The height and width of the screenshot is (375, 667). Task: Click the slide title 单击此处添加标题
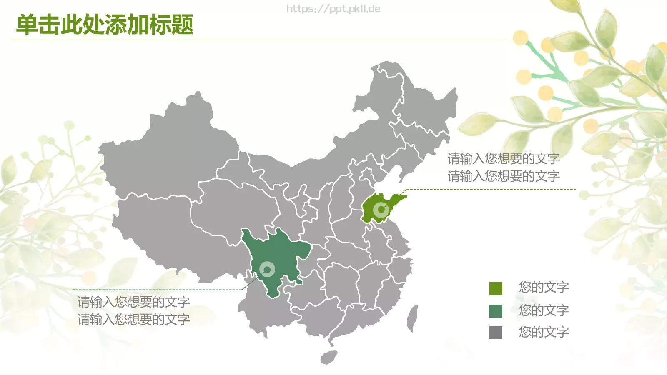pos(105,25)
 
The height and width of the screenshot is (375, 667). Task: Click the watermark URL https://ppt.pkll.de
pos(333,9)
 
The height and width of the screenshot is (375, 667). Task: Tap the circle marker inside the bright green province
pos(381,209)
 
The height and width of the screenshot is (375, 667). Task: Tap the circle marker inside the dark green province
pos(267,269)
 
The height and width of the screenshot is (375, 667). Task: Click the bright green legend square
pos(496,288)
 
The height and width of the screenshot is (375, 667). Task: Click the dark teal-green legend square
pos(496,311)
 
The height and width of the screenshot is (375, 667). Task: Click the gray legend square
pos(496,332)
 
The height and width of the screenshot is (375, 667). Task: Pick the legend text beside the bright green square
pos(544,287)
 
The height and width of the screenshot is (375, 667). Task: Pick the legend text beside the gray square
pos(544,332)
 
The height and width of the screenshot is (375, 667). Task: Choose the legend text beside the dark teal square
pos(544,310)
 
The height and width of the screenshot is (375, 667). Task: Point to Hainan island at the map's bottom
pos(329,357)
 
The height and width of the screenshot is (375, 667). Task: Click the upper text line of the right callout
pos(504,158)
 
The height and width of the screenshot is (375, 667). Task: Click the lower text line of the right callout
pos(504,176)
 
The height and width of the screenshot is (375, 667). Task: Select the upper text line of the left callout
pos(133,302)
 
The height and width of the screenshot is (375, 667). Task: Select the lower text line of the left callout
pos(133,320)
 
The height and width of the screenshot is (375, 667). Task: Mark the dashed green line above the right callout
pos(492,189)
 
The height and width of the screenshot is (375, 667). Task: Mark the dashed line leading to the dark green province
pos(158,290)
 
